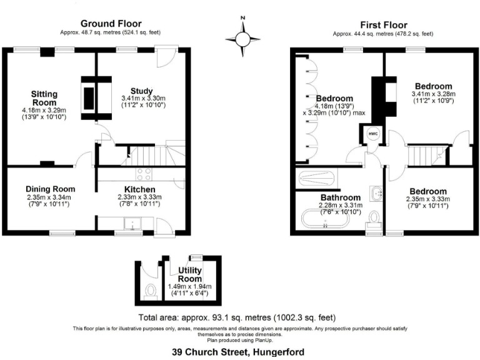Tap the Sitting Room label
[x=44, y=98]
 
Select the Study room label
[x=141, y=91]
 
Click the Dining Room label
[x=51, y=189]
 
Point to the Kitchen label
[x=140, y=189]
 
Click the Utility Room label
[x=190, y=274]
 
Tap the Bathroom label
[x=341, y=197]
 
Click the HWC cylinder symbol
[x=372, y=134]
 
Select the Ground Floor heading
[x=111, y=24]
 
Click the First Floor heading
[x=383, y=24]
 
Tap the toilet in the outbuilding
[x=150, y=291]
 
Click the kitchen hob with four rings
[x=143, y=174]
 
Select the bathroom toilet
[x=374, y=217]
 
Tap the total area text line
[x=239, y=317]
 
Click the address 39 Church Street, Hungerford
[x=239, y=352]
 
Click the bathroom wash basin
[x=377, y=194]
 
